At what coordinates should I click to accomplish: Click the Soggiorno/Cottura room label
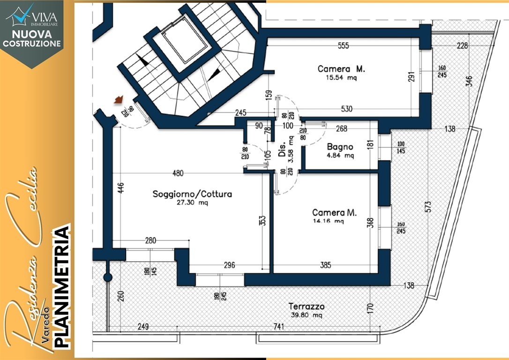tap(192, 194)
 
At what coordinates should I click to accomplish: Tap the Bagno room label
tap(340, 147)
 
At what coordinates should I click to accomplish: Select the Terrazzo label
tap(307, 306)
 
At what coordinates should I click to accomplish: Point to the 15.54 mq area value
tap(341, 78)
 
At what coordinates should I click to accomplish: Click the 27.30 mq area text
tap(193, 203)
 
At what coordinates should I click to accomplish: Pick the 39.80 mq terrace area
tap(307, 315)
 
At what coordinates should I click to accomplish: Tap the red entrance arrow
tap(119, 99)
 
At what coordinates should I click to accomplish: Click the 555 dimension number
tap(343, 46)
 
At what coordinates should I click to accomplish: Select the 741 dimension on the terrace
tap(278, 326)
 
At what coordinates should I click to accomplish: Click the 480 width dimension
tap(178, 173)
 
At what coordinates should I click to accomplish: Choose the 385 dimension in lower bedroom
tap(326, 265)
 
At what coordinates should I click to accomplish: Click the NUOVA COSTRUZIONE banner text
tap(31, 38)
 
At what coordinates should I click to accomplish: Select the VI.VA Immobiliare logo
tap(32, 15)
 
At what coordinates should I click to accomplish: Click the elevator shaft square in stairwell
tap(184, 39)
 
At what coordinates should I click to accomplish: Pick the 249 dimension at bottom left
tap(143, 326)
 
